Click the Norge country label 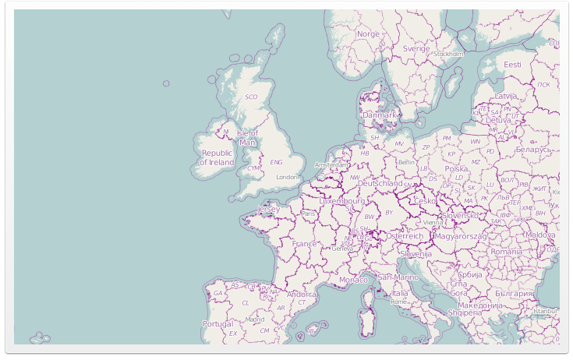coord(368,34)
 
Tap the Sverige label coord(416,48)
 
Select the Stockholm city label coord(448,55)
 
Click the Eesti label coord(512,65)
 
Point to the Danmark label coord(380,115)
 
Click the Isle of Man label coord(248,138)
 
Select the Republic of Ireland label coord(217,158)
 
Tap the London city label coord(287,177)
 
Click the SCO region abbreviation coord(251,97)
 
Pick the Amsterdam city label coord(331,165)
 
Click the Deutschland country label coord(374,184)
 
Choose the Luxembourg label coord(342,200)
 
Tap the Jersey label coord(268,210)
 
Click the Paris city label coord(309,214)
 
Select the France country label coord(305,244)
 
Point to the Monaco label coord(353,280)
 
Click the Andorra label coord(302,295)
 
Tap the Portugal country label coord(218,323)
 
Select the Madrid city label coord(255,319)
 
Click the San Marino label coord(398,277)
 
